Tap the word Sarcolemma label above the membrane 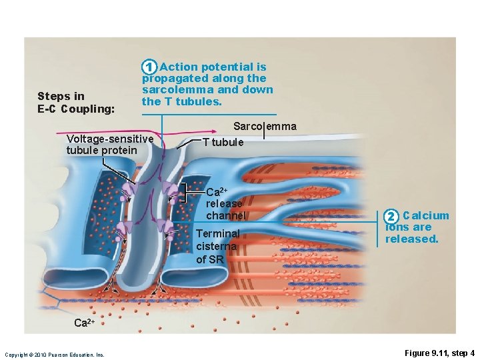click(x=265, y=127)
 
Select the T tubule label click(x=223, y=142)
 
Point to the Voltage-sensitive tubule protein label click(x=109, y=144)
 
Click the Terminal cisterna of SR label click(x=217, y=246)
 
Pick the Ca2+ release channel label click(x=225, y=203)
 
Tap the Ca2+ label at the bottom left click(x=84, y=323)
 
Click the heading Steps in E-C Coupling click(x=76, y=102)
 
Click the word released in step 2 click(x=412, y=239)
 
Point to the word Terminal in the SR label click(x=218, y=233)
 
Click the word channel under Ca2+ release click(x=226, y=215)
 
